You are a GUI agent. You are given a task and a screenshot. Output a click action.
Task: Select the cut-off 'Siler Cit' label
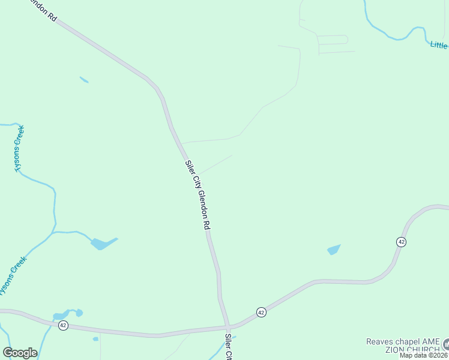coord(229,347)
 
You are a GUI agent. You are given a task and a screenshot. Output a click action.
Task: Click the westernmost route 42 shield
coord(63,325)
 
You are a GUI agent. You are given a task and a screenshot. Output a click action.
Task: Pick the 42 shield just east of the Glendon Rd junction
coord(261,312)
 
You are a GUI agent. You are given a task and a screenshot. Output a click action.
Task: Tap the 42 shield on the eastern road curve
coord(401,241)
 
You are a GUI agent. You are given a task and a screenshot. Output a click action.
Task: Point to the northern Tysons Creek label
coord(19,148)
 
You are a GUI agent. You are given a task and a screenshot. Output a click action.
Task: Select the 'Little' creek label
coord(439,45)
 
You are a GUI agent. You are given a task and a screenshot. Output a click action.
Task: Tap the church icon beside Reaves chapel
coord(446,344)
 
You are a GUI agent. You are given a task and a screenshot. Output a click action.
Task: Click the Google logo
coord(20,353)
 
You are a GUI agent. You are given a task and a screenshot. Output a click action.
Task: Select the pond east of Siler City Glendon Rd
coord(334,249)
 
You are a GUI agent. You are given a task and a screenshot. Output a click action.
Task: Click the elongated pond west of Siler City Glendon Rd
coord(103,244)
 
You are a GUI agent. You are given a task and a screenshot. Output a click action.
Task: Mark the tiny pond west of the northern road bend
coord(84,79)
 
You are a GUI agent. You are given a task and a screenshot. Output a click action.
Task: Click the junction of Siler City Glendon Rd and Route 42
coord(227,327)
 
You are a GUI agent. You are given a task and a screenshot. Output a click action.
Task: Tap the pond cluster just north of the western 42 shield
coord(66,314)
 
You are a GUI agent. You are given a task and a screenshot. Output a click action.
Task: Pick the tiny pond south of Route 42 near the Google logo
coord(95,339)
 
